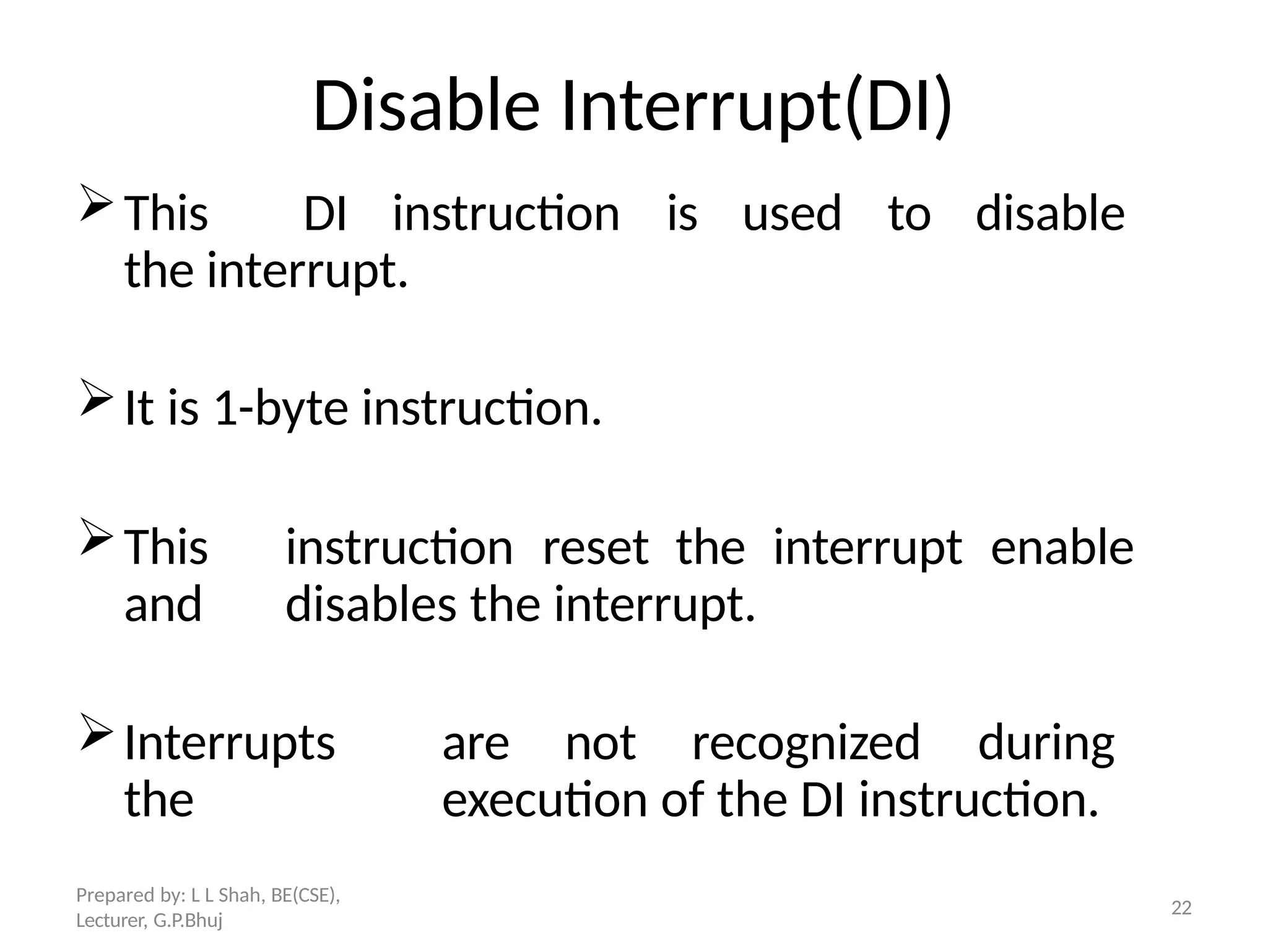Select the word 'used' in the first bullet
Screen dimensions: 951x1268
click(792, 214)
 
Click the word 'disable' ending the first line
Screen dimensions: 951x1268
click(1049, 214)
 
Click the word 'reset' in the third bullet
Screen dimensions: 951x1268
click(595, 548)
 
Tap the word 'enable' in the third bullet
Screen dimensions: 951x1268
click(1062, 548)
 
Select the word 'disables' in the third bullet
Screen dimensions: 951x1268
click(370, 605)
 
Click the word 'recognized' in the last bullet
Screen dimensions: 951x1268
click(806, 743)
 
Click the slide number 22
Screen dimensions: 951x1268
click(1181, 908)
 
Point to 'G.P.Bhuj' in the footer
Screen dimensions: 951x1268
click(188, 921)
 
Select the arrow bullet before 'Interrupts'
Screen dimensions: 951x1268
click(96, 732)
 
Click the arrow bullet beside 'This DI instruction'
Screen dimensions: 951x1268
click(96, 203)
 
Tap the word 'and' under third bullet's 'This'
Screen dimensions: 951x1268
click(163, 605)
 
